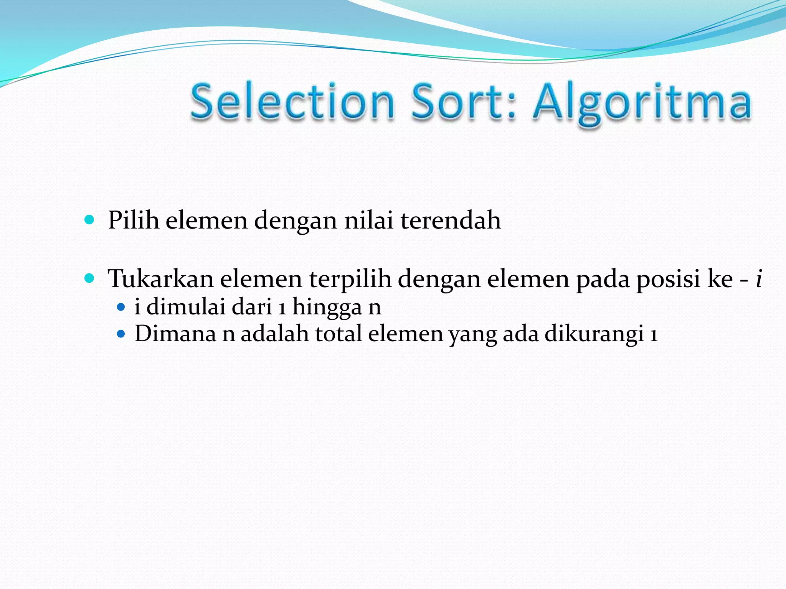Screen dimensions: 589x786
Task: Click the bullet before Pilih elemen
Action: click(89, 220)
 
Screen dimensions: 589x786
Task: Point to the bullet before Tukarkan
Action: click(89, 278)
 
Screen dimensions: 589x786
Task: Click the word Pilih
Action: click(133, 220)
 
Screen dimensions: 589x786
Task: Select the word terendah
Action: click(451, 220)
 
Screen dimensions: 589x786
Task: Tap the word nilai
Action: click(369, 220)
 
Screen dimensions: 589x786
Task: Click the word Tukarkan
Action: click(160, 278)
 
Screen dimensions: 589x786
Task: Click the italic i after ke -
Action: click(758, 278)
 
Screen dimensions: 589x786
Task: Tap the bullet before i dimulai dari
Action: click(121, 307)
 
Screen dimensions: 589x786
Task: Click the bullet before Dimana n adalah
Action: click(121, 334)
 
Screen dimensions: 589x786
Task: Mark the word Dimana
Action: click(175, 334)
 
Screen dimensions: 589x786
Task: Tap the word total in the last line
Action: click(339, 334)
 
